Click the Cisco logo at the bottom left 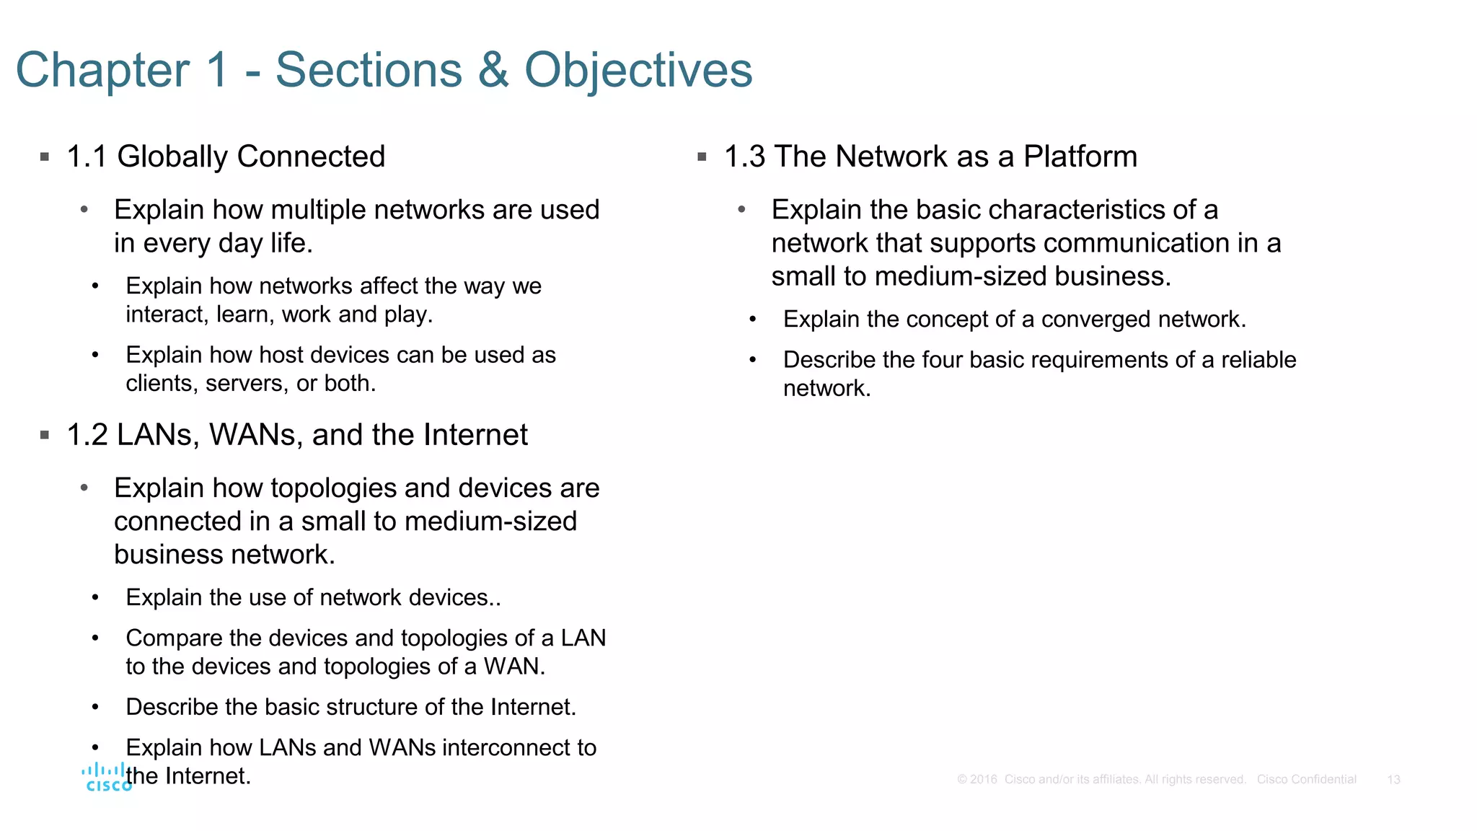pos(107,778)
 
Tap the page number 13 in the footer pos(1393,780)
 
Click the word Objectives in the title pos(638,70)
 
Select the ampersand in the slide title pos(493,70)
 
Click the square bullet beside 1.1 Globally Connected pos(45,157)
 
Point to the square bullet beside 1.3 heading pos(702,157)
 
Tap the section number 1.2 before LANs pos(87,435)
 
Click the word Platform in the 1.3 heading pos(1080,157)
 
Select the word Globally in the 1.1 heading pos(172,157)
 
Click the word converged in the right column pos(1088,319)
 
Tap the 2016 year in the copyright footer pos(983,780)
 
